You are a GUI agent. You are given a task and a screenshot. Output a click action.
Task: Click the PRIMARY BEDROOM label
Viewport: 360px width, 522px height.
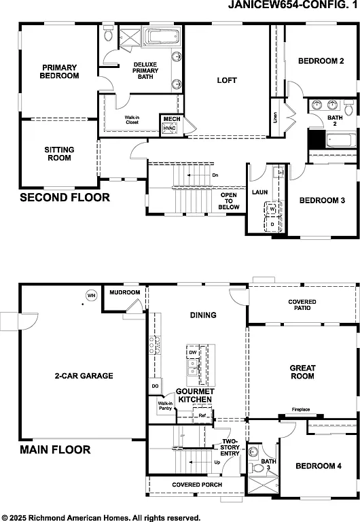[59, 71]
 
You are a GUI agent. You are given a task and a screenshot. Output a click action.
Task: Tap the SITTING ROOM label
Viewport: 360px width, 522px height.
[59, 154]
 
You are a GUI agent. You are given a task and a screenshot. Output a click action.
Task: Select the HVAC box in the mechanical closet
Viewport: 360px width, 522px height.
[170, 128]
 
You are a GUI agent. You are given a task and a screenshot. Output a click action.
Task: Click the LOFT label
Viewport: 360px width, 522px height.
[227, 80]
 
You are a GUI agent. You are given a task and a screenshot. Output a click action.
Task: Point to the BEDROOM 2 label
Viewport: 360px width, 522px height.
[321, 61]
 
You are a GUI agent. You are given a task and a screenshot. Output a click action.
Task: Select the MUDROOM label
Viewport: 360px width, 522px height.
[124, 293]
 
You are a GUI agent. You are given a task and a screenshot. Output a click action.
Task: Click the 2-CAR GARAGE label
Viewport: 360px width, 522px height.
[84, 375]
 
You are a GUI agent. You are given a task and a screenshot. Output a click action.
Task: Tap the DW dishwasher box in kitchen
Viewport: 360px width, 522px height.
[193, 353]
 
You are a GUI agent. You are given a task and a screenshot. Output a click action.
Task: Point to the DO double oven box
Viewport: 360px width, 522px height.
[156, 386]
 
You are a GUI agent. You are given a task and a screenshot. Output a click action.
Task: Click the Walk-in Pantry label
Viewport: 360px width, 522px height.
[165, 406]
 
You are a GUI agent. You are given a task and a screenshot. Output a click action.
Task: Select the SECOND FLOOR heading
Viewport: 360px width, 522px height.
[65, 198]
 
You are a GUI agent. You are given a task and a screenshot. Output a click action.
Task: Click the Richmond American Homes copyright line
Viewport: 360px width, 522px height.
[101, 516]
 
